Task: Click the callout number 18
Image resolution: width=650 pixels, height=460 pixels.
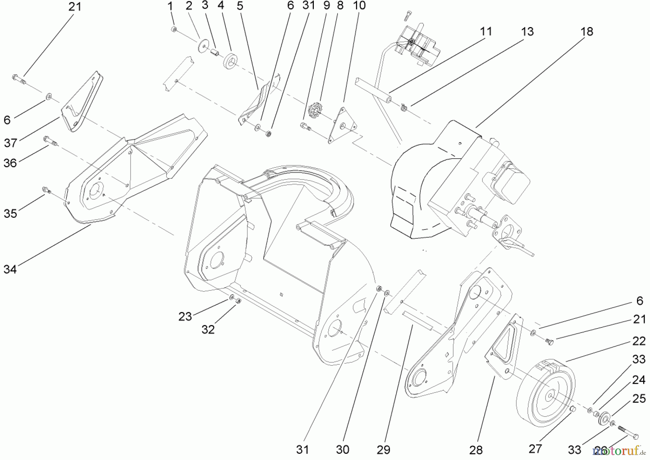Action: coord(586,32)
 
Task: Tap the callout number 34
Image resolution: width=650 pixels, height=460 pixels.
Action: coord(10,269)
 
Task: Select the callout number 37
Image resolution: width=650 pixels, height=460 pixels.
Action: coord(10,143)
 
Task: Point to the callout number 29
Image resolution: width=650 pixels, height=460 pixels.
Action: coord(383,450)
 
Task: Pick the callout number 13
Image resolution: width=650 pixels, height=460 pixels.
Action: coord(527,32)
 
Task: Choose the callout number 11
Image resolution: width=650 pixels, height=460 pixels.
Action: coord(486,32)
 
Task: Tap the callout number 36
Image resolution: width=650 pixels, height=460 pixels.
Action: coord(10,163)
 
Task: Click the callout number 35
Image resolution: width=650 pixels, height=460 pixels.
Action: coord(10,213)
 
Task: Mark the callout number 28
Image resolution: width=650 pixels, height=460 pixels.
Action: coord(476,450)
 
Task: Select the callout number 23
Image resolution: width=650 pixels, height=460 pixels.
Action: coord(185,317)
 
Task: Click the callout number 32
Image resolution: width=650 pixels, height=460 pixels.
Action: coord(208,329)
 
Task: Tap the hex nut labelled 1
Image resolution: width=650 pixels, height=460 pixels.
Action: coord(174,29)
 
